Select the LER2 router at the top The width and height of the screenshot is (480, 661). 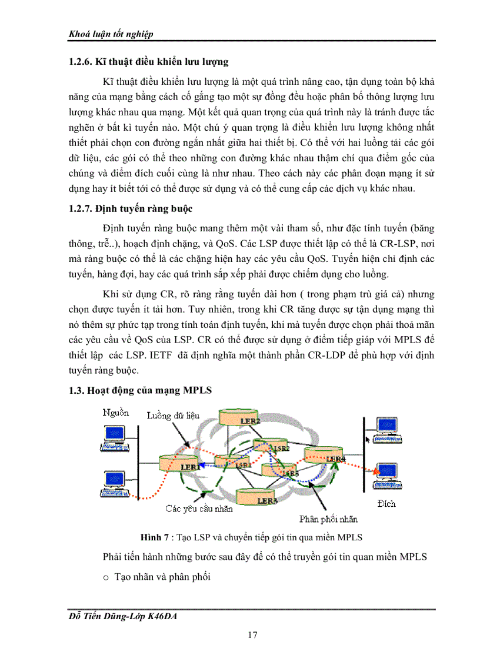tap(241, 418)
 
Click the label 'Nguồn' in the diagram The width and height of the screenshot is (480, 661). tap(115, 413)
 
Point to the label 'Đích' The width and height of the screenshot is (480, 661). tap(386, 504)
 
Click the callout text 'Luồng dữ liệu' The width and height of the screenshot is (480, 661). tap(173, 416)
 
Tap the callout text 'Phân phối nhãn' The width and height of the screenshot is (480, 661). tap(328, 519)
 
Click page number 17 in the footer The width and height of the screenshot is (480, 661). tap(252, 635)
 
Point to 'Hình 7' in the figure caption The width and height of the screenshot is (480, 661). tap(154, 537)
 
